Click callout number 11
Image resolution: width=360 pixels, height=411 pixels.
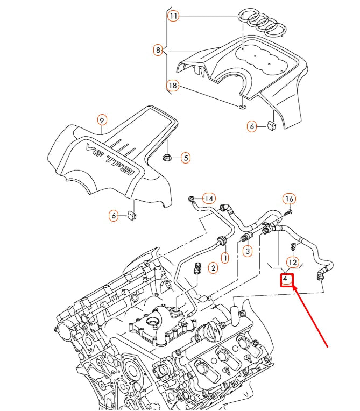173,16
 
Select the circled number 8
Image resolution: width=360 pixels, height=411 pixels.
158,51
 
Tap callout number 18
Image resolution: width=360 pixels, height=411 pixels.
173,85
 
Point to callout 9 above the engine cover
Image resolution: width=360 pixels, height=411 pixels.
102,119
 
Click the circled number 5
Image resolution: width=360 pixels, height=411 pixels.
185,158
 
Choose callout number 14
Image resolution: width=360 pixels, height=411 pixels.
209,198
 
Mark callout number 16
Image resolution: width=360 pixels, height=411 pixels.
289,199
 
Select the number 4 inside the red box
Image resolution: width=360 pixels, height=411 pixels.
286,279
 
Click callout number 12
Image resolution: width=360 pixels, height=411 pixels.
292,262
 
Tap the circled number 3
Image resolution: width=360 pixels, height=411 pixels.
247,251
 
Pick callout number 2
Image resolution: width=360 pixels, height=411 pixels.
213,267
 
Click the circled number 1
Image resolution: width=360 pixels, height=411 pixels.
225,258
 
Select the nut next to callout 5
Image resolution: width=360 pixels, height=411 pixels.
167,158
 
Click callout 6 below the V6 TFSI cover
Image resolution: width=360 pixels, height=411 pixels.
114,216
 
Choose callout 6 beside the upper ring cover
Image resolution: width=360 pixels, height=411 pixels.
251,126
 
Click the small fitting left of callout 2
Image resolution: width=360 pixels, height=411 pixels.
198,267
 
